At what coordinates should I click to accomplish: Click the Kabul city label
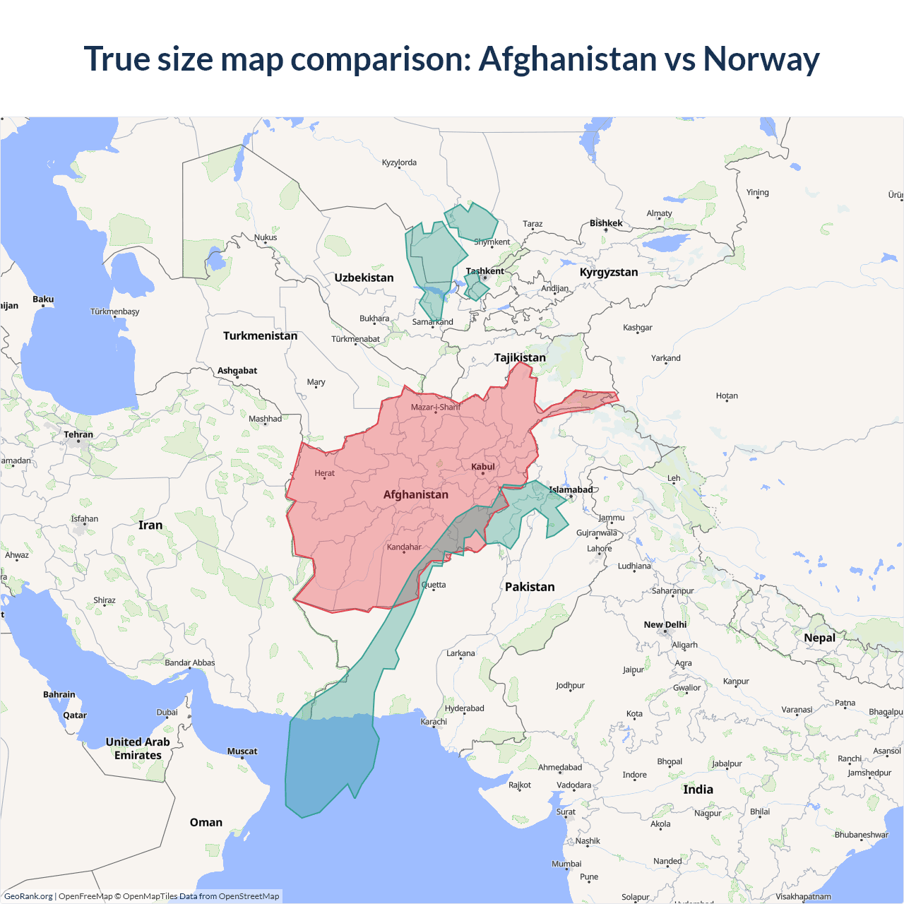483,467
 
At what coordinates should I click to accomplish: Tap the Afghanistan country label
415,494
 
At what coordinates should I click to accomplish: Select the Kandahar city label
404,547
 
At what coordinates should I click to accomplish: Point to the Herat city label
324,473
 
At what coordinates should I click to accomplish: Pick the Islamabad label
571,489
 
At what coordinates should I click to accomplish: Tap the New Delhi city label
665,624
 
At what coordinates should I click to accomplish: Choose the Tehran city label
78,434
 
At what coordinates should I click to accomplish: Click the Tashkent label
484,271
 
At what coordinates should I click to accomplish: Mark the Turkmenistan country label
260,335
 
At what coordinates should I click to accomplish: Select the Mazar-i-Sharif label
435,407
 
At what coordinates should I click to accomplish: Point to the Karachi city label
434,721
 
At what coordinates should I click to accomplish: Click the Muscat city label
242,751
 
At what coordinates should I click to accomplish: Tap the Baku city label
43,299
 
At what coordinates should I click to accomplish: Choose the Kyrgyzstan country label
608,272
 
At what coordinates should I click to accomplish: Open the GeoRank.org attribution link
28,896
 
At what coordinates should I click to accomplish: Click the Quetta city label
434,585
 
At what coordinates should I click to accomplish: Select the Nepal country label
819,638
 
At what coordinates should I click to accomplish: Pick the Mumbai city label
566,864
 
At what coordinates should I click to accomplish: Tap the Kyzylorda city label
399,162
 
